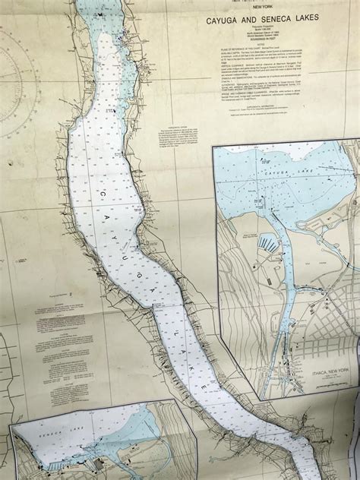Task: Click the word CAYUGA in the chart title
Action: pyautogui.click(x=219, y=24)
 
